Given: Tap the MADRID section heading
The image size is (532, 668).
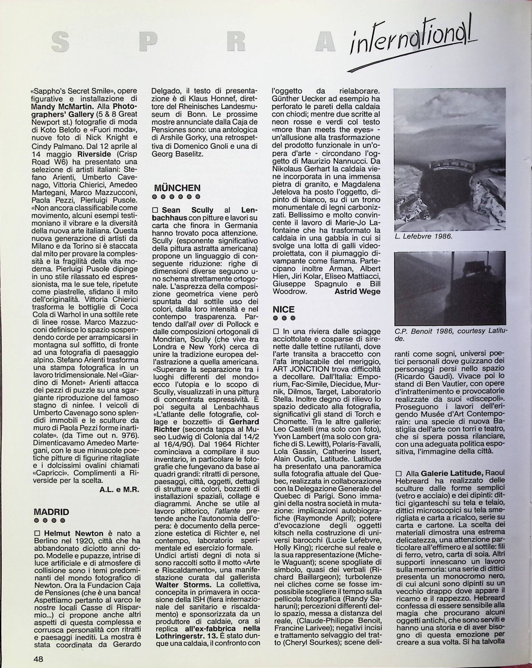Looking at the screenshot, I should (x=51, y=512).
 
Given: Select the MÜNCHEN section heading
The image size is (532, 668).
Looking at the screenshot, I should (x=177, y=188).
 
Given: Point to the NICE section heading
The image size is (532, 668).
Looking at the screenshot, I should (x=283, y=309).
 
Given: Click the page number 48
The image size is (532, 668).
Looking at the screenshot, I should (x=38, y=659).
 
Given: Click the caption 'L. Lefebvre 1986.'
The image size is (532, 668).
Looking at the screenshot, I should (x=423, y=236).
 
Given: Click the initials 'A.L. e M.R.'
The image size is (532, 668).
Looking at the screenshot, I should (x=119, y=490).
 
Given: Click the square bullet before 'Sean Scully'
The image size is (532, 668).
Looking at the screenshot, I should (x=155, y=210).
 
